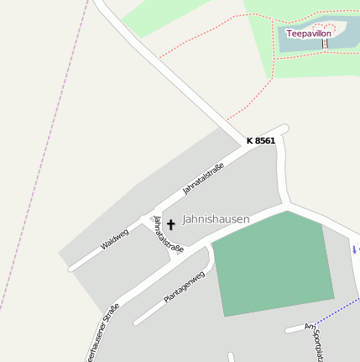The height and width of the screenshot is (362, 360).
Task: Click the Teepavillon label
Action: [309, 34]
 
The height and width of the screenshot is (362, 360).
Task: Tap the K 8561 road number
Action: [260, 140]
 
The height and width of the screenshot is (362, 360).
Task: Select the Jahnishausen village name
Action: [216, 218]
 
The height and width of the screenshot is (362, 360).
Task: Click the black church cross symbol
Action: [171, 224]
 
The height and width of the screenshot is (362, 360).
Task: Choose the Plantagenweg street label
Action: [185, 286]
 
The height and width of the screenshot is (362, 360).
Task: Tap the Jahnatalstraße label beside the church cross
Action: [168, 233]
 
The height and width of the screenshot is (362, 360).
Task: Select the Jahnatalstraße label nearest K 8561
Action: [204, 177]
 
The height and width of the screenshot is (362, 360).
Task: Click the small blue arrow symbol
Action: [355, 249]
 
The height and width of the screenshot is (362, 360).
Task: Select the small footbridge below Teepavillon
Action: [324, 44]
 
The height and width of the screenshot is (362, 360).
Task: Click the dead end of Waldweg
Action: [71, 268]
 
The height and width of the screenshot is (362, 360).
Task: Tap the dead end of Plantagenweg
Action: [137, 323]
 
